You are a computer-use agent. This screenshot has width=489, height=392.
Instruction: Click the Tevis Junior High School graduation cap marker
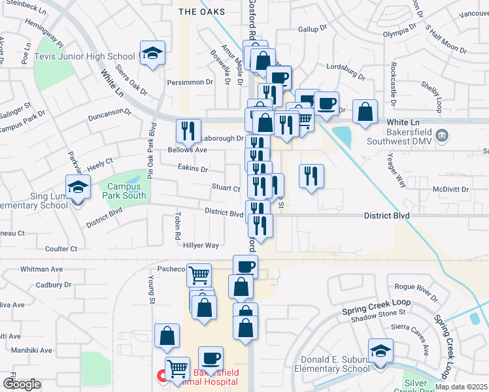pyautogui.click(x=152, y=54)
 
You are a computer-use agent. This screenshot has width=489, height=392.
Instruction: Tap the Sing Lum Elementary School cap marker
pyautogui.click(x=77, y=188)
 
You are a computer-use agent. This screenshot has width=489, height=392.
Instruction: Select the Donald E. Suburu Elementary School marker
pyautogui.click(x=380, y=351)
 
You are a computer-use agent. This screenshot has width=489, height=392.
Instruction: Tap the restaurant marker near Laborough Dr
pyautogui.click(x=188, y=131)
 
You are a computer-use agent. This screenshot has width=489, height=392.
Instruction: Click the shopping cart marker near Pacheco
pyautogui.click(x=199, y=274)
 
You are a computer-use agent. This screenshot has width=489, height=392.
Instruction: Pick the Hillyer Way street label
pyautogui.click(x=200, y=246)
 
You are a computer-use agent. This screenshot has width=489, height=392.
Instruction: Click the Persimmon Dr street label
pyautogui.click(x=190, y=82)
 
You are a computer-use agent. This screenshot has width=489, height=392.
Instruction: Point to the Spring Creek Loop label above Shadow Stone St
pyautogui.click(x=376, y=302)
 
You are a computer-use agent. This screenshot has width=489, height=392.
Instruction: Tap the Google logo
pyautogui.click(x=22, y=384)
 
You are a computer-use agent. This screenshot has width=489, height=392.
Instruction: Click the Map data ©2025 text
pyautogui.click(x=461, y=387)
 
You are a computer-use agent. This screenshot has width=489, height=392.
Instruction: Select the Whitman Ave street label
pyautogui.click(x=41, y=269)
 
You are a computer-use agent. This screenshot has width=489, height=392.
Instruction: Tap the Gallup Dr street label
pyautogui.click(x=312, y=29)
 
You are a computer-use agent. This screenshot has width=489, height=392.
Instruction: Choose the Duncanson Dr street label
pyautogui.click(x=110, y=112)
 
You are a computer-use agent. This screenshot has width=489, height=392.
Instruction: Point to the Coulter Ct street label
pyautogui.click(x=61, y=249)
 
